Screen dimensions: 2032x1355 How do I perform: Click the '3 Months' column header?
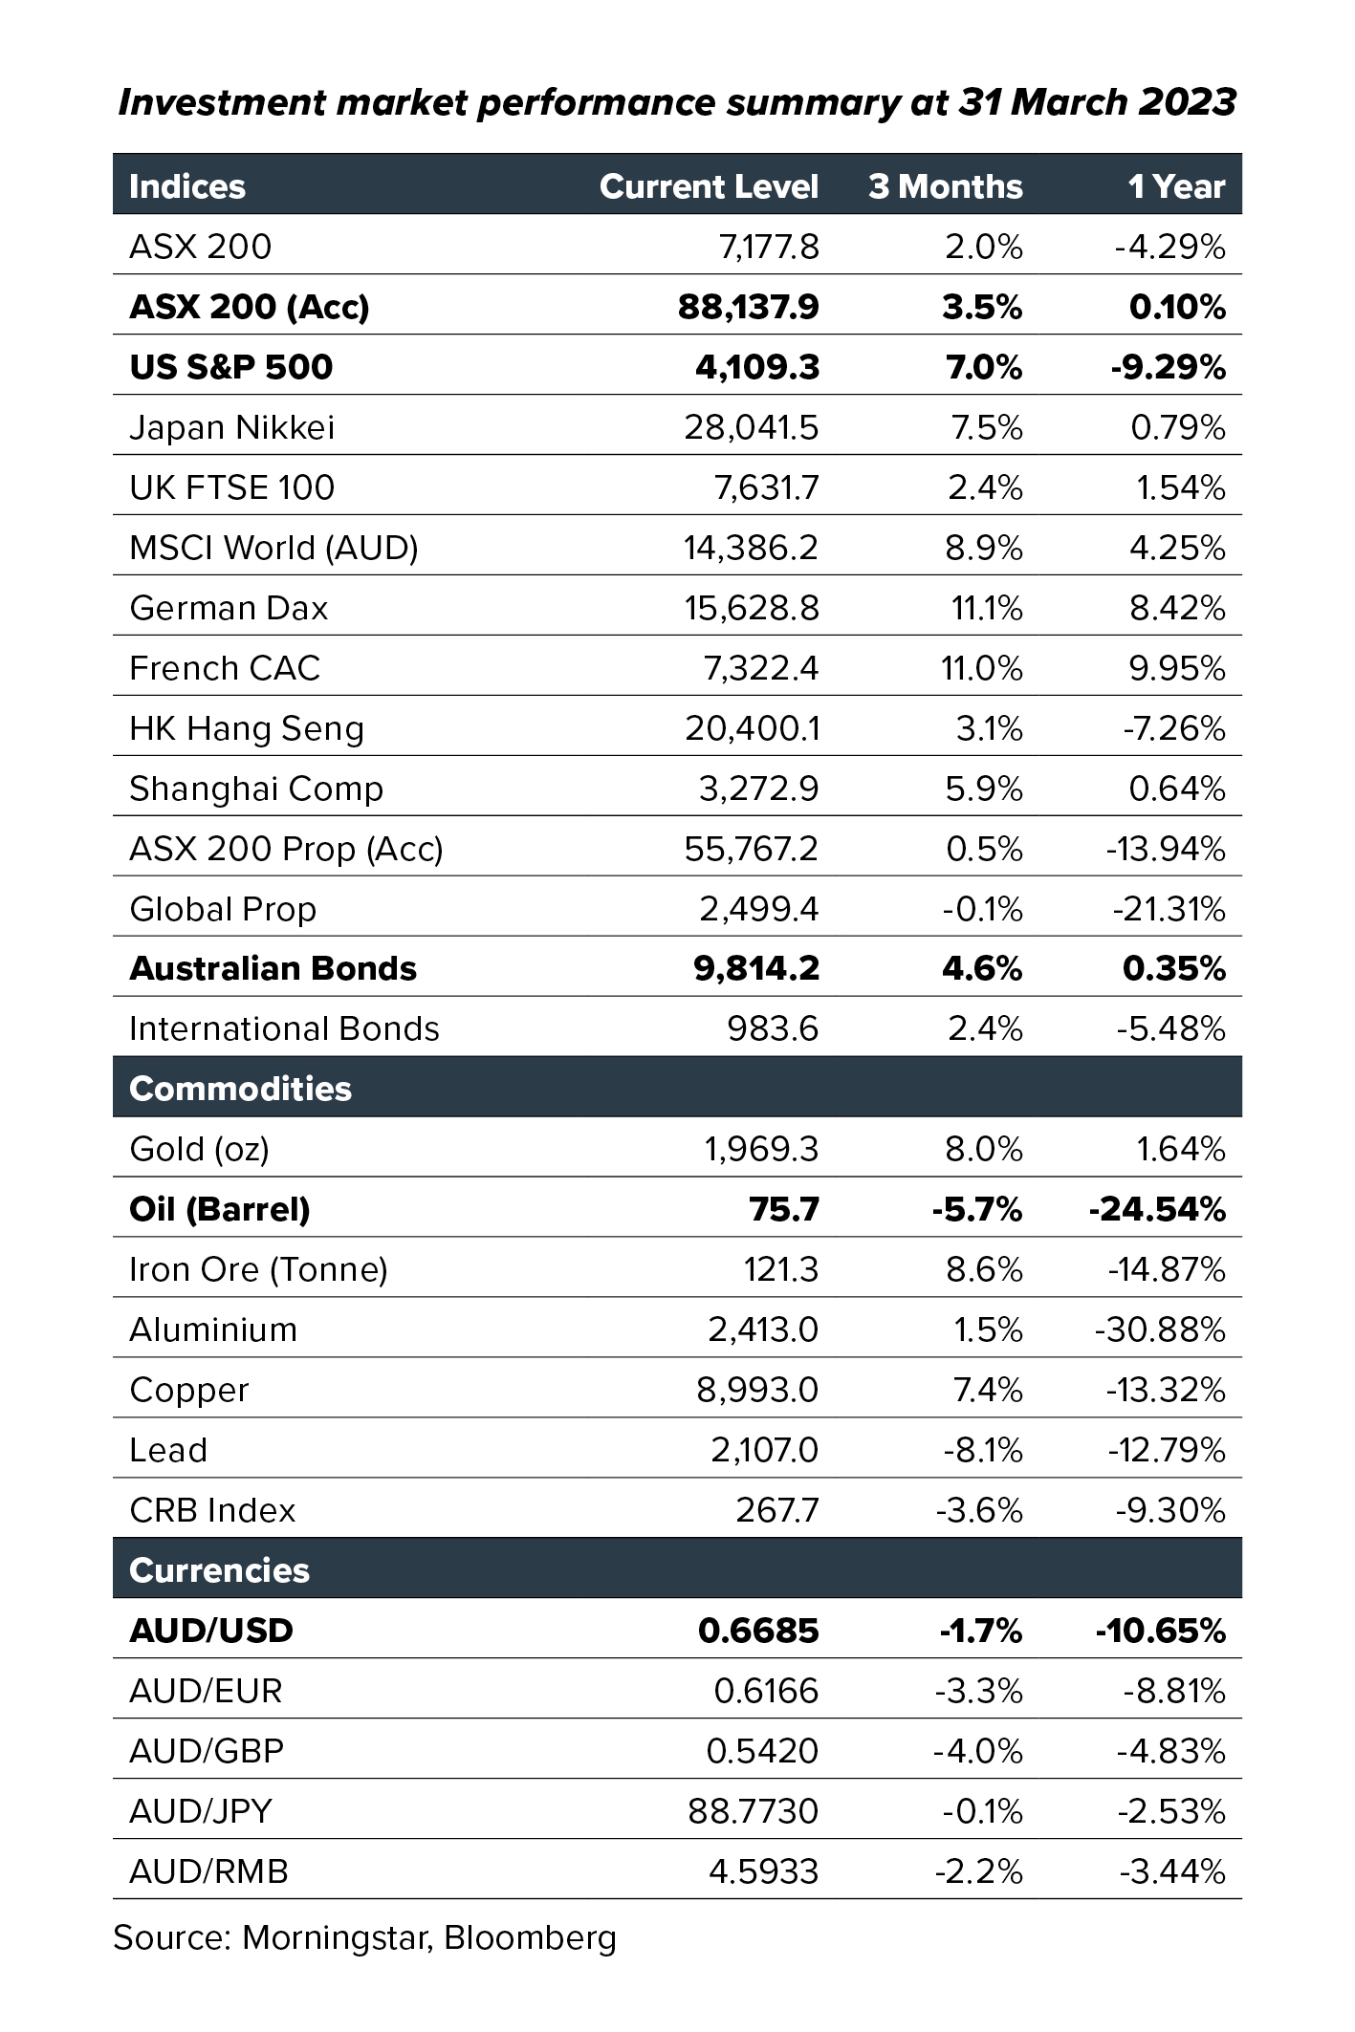945,186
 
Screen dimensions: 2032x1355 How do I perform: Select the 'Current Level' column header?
709,186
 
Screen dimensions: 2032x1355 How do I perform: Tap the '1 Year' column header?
1176,186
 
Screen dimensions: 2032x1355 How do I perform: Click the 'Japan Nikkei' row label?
232,427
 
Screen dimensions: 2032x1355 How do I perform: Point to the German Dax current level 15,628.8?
752,608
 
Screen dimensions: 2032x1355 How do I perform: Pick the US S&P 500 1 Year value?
1168,367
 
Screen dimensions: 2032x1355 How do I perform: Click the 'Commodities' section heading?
240,1089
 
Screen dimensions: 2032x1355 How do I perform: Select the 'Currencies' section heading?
219,1570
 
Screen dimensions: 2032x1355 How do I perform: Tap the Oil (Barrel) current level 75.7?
784,1209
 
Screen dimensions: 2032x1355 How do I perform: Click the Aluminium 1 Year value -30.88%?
1160,1329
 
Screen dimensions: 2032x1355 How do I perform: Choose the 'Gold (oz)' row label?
199,1149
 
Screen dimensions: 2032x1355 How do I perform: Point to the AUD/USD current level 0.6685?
758,1631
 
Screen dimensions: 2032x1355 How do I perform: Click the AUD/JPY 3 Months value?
982,1811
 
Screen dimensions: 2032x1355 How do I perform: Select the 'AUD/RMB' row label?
208,1871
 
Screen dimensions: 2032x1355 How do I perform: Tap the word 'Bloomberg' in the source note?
530,1938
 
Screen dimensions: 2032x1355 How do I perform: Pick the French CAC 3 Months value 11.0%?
982,668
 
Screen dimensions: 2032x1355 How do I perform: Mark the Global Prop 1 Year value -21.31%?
1169,909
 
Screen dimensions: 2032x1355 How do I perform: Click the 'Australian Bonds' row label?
273,969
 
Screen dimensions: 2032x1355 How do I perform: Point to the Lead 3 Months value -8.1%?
983,1450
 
